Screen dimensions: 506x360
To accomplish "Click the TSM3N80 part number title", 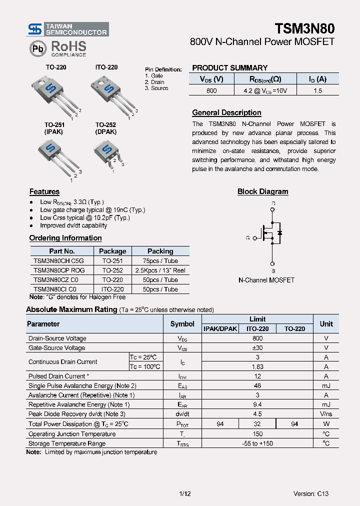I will click(304, 28).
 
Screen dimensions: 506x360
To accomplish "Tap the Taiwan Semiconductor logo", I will click(68, 29).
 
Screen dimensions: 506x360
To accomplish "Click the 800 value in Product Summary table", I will click(211, 90).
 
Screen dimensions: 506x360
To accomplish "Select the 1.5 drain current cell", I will click(317, 90).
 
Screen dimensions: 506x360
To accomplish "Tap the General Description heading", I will click(226, 112).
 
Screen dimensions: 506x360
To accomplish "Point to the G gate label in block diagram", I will click(247, 238).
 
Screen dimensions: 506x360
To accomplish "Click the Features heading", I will click(44, 191).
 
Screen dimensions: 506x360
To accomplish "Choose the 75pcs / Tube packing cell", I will click(160, 260).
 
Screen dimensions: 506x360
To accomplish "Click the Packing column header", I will click(160, 251).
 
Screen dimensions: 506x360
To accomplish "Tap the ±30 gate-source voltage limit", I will click(257, 347).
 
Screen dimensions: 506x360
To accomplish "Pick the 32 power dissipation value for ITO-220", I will click(257, 423).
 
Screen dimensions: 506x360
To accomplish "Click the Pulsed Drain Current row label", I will click(59, 376).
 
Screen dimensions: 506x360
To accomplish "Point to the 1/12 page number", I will click(185, 493).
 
